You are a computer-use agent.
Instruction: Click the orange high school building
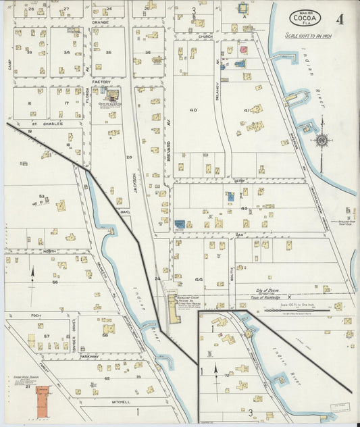[x=43, y=399]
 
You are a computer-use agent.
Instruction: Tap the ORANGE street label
[x=100, y=22]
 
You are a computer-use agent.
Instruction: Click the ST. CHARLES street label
[x=49, y=124]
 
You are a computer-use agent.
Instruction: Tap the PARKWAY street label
[x=89, y=355]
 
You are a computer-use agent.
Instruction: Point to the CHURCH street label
[x=205, y=36]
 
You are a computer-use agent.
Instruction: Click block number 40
[x=193, y=109]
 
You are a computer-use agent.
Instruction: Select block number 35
[x=108, y=52]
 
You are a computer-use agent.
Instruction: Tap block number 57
[x=47, y=336]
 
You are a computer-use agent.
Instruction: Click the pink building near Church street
[x=243, y=50]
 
